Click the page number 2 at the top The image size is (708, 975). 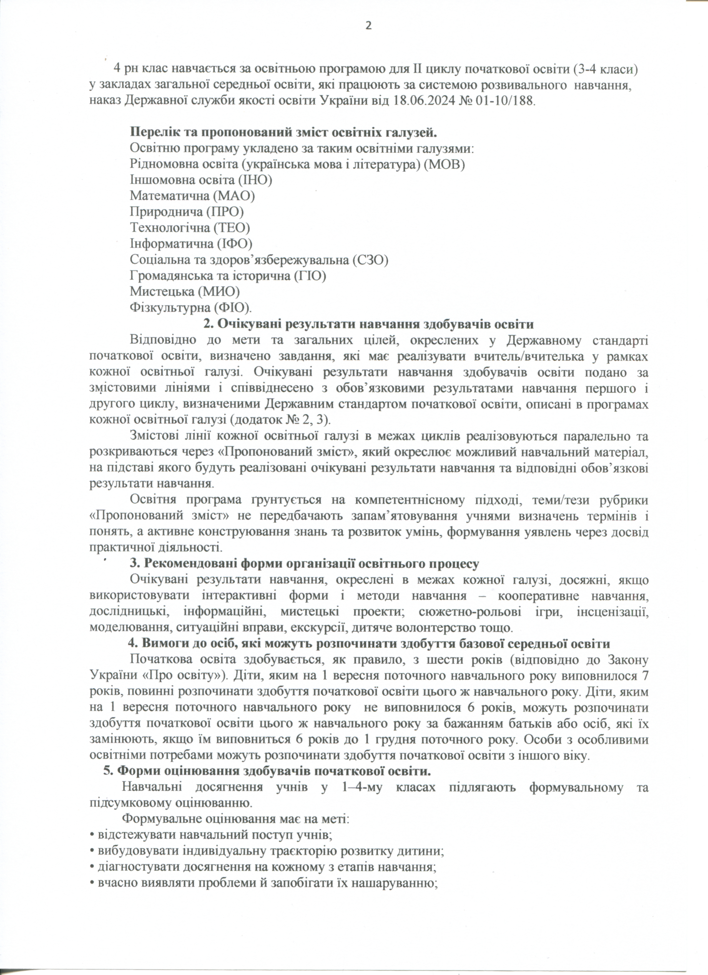(x=368, y=26)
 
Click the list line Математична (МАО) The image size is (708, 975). (x=192, y=196)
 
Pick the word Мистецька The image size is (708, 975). (x=162, y=291)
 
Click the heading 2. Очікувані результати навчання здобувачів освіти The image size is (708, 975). (x=368, y=324)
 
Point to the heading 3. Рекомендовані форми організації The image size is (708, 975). (x=305, y=563)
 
